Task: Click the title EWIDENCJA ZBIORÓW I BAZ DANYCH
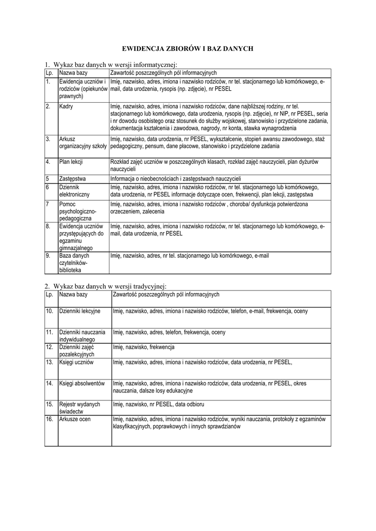tap(187, 48)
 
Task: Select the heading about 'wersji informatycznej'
tap(111, 64)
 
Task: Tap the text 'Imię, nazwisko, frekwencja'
tap(144, 347)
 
